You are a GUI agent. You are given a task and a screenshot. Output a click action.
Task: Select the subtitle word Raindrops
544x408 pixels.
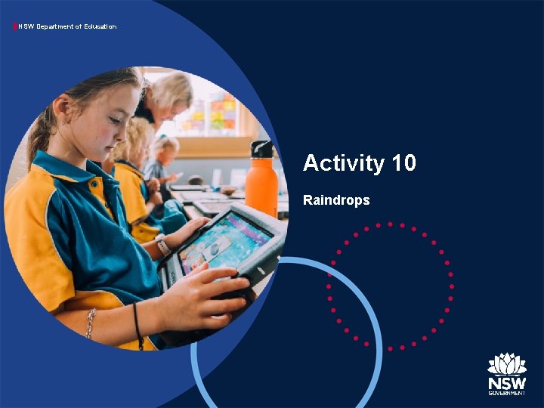tap(336, 200)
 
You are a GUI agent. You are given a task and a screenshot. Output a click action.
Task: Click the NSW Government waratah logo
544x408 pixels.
tap(506, 364)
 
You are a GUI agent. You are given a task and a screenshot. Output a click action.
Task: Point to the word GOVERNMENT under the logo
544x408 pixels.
tap(506, 393)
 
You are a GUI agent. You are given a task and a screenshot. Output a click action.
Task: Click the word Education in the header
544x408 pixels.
tap(96, 27)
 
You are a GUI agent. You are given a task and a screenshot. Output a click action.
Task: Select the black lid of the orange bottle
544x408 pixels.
tap(261, 147)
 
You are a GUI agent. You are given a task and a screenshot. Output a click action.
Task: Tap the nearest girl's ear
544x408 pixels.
tap(62, 106)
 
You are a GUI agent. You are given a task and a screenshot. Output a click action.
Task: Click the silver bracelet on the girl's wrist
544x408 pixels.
tap(91, 323)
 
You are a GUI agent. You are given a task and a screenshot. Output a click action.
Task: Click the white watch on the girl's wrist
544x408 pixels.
tap(163, 246)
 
